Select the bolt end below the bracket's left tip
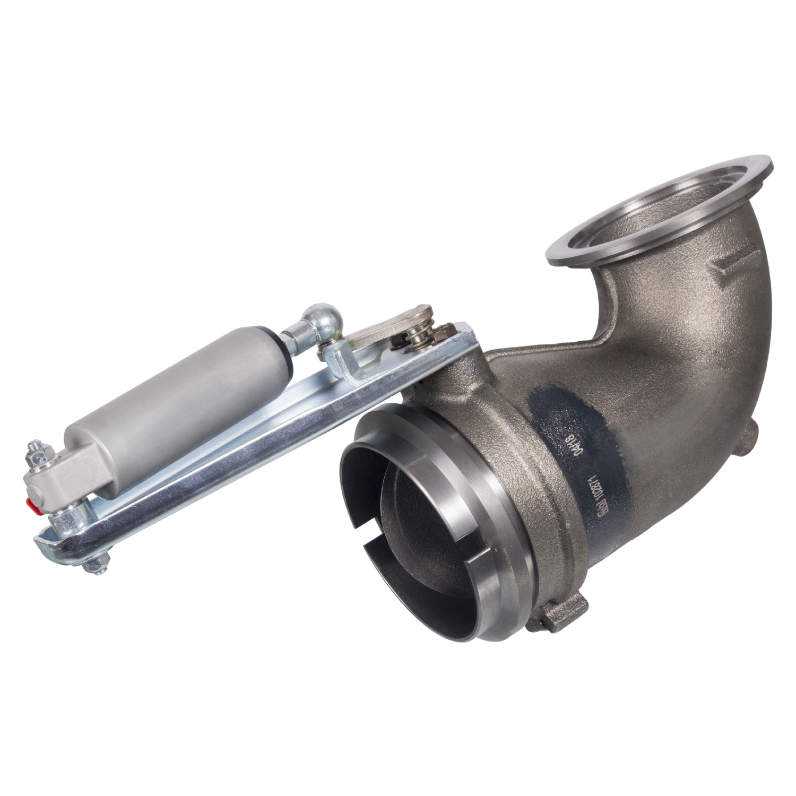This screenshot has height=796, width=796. (x=96, y=565)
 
